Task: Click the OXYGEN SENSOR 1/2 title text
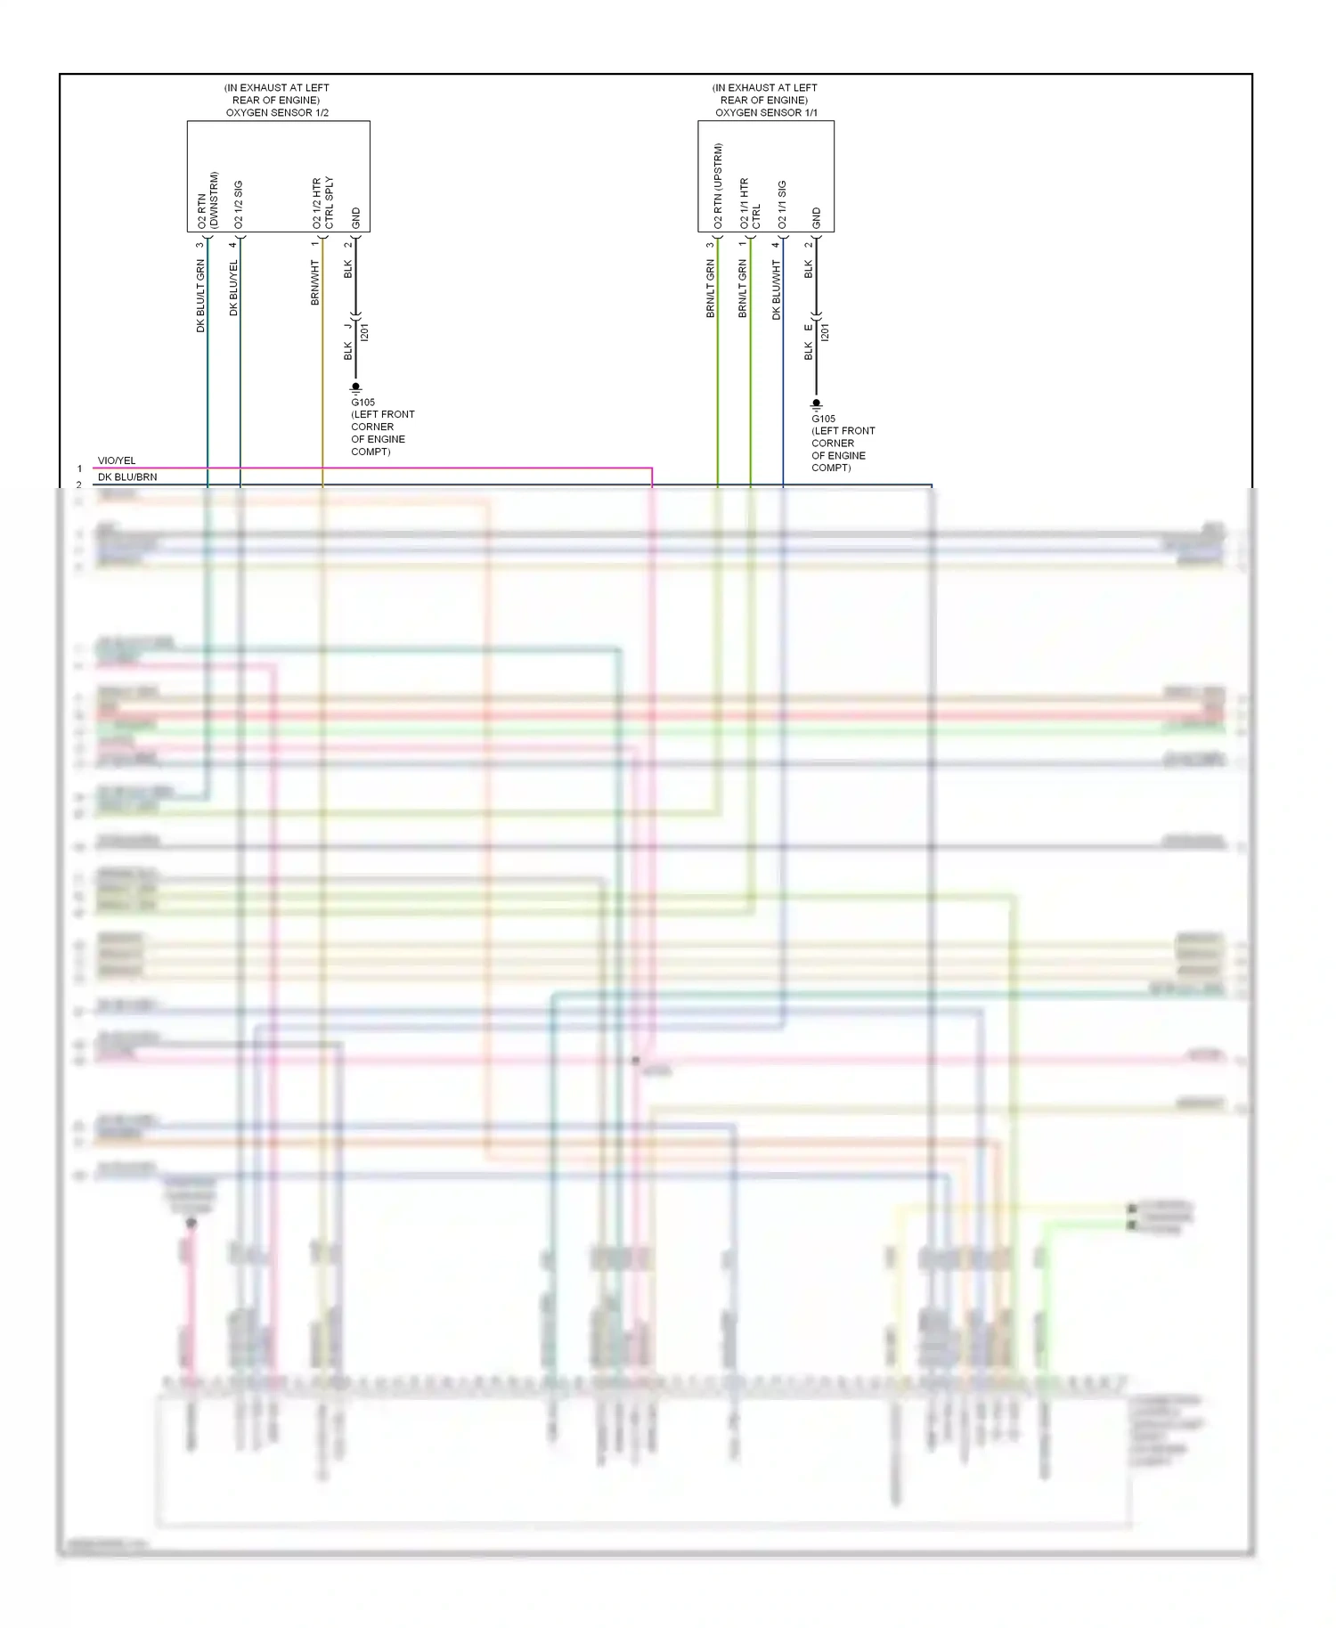click(277, 113)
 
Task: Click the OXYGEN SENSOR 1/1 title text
click(766, 113)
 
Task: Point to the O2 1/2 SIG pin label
click(238, 205)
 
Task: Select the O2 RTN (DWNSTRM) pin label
click(208, 200)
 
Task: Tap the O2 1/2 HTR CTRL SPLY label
click(322, 203)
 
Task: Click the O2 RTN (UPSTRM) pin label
click(718, 186)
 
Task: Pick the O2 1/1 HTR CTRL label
click(750, 204)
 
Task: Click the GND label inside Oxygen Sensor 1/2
click(356, 218)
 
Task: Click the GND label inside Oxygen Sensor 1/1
click(816, 218)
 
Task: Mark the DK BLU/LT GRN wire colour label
click(200, 296)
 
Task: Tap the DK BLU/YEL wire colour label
click(233, 288)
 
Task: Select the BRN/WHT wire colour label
click(314, 282)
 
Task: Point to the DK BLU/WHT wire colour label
click(776, 289)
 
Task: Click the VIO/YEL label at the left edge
click(117, 460)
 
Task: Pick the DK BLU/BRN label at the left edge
click(127, 477)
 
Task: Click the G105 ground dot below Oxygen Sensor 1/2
click(355, 387)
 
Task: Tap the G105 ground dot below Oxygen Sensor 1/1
click(816, 403)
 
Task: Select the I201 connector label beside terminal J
click(364, 333)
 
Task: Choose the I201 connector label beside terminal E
click(825, 333)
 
